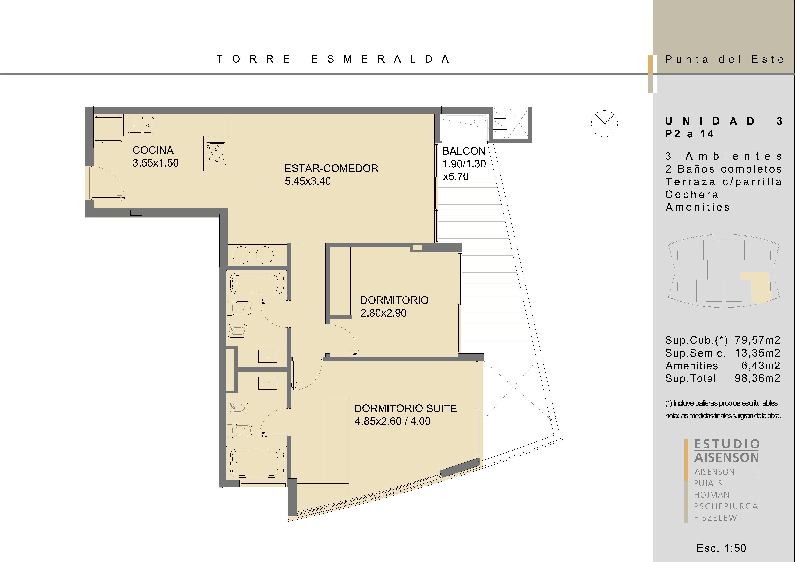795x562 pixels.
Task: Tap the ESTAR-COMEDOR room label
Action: coord(331,169)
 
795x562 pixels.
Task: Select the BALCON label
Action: coord(464,151)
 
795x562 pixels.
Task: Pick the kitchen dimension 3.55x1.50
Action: coord(155,163)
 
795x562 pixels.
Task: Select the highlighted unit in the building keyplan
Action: coord(755,286)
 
